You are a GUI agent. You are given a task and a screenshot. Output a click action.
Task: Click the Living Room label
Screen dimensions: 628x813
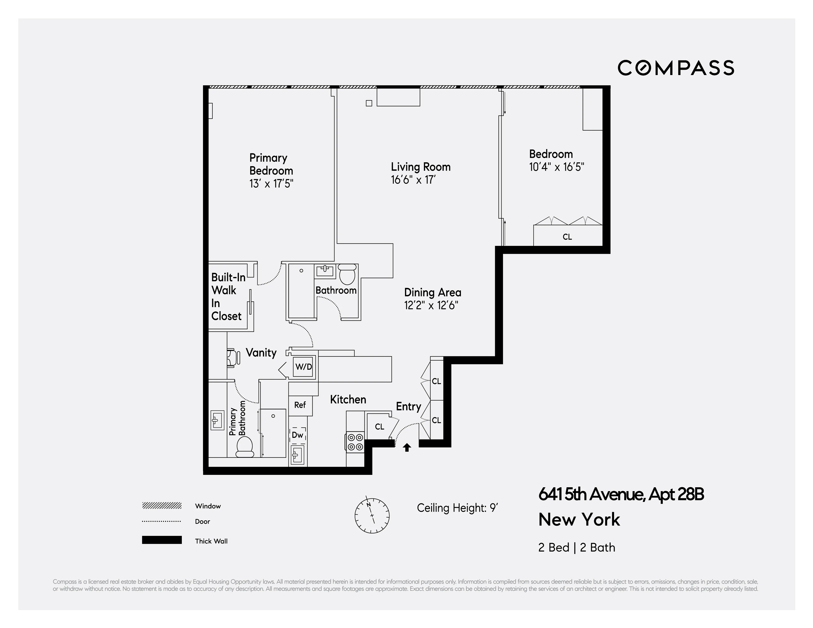[421, 167]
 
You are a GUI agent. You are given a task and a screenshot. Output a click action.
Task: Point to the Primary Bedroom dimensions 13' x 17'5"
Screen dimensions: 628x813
[271, 183]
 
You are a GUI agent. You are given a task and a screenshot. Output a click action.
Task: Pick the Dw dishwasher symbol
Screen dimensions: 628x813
[298, 435]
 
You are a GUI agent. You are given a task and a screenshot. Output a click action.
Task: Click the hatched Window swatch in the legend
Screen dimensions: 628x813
[161, 506]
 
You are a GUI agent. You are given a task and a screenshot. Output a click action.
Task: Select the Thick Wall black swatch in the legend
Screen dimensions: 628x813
[161, 540]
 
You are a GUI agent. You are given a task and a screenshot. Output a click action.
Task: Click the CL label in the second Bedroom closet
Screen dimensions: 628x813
[567, 237]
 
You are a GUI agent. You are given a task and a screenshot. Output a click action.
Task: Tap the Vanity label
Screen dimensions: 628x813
[261, 352]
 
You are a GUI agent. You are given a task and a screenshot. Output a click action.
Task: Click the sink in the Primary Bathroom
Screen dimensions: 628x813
[217, 421]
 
